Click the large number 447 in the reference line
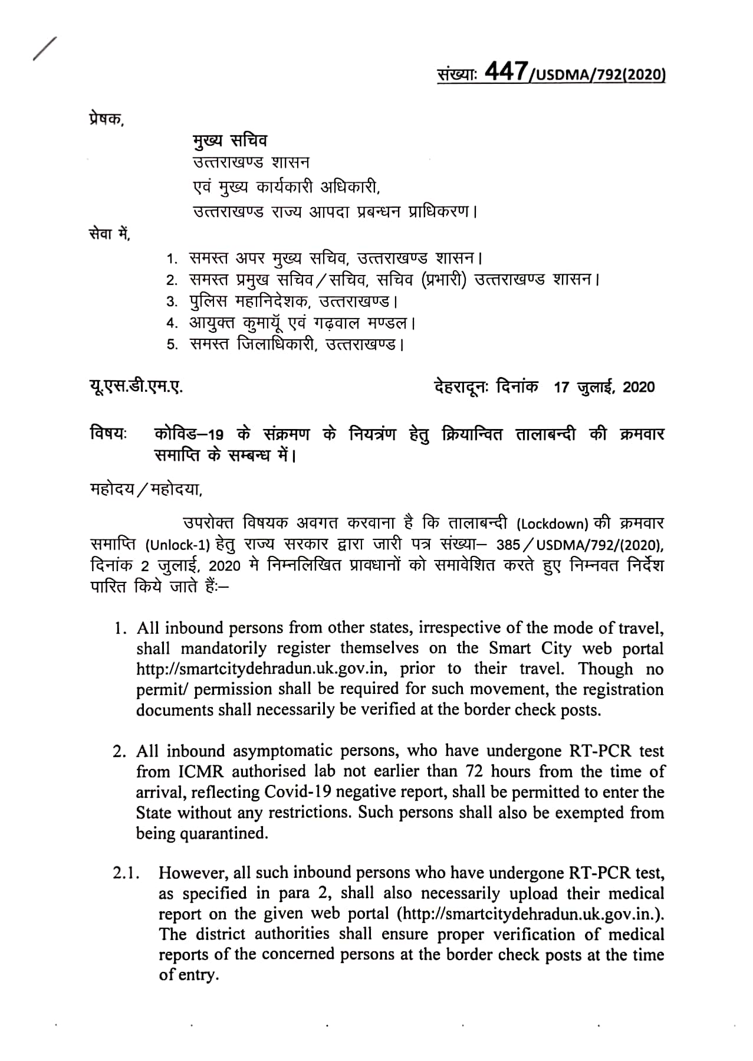pyautogui.click(x=504, y=73)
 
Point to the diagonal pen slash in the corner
pyautogui.click(x=45, y=48)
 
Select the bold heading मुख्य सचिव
pyautogui.click(x=230, y=140)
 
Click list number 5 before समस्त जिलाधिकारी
pyautogui.click(x=172, y=345)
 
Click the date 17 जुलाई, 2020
pyautogui.click(x=604, y=387)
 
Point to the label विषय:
pyautogui.click(x=108, y=434)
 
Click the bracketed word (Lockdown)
pyautogui.click(x=553, y=524)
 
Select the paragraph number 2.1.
pyautogui.click(x=125, y=873)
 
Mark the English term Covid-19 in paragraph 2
pyautogui.click(x=294, y=792)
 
